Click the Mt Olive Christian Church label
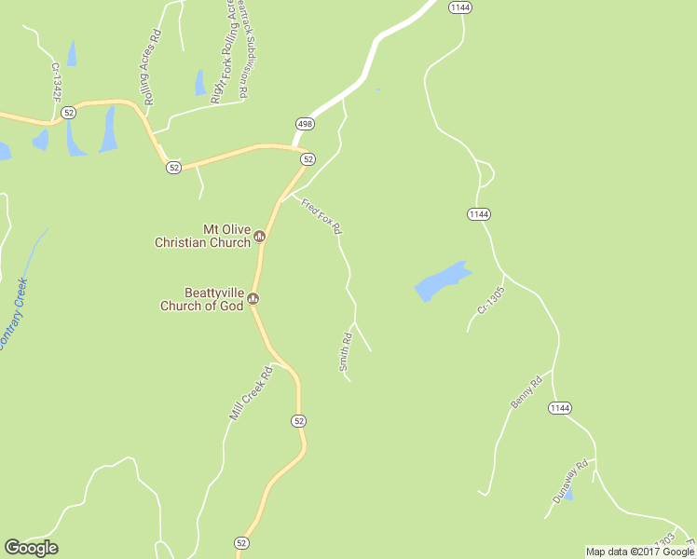[202, 236]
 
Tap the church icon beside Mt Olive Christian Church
[260, 236]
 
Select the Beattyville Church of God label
[201, 299]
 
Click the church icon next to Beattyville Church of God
[253, 299]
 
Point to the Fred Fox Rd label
[321, 215]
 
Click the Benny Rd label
[526, 391]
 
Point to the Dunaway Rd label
[570, 482]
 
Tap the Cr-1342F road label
[56, 83]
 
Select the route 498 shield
[305, 124]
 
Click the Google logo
[31, 548]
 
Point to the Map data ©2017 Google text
[640, 552]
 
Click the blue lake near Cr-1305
[441, 280]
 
